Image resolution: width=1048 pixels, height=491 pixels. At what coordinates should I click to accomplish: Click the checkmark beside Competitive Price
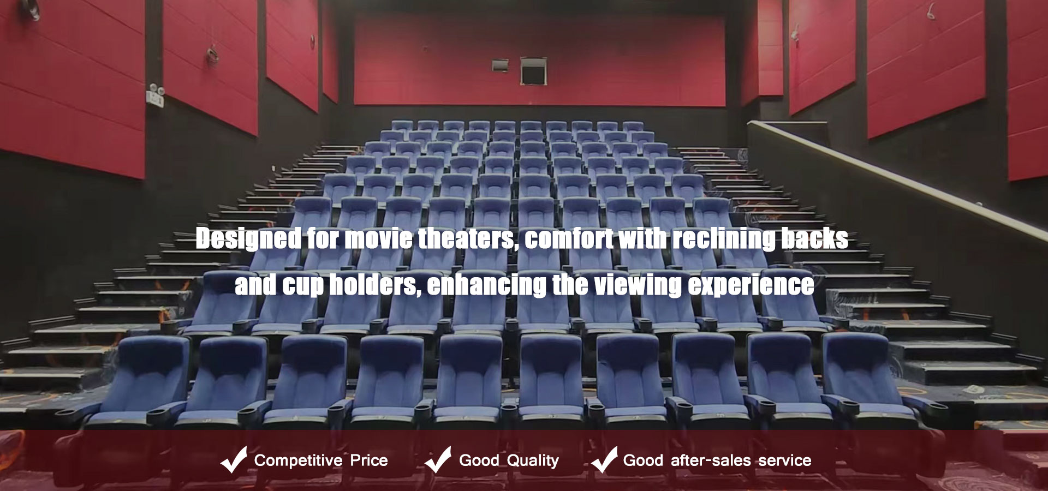pyautogui.click(x=234, y=459)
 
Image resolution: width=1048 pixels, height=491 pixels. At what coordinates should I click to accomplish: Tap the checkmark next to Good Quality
pyautogui.click(x=438, y=459)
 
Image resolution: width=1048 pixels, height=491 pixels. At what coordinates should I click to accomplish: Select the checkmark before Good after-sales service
pyautogui.click(x=604, y=459)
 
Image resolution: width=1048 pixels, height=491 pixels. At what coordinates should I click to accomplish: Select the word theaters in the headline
pyautogui.click(x=467, y=239)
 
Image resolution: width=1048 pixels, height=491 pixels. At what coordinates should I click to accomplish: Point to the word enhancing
pyautogui.click(x=486, y=285)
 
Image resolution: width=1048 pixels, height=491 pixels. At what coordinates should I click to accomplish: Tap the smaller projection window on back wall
pyautogui.click(x=501, y=64)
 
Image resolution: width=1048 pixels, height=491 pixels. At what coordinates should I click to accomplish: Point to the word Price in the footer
pyautogui.click(x=369, y=460)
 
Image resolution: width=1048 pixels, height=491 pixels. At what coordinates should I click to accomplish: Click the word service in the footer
pyautogui.click(x=785, y=460)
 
